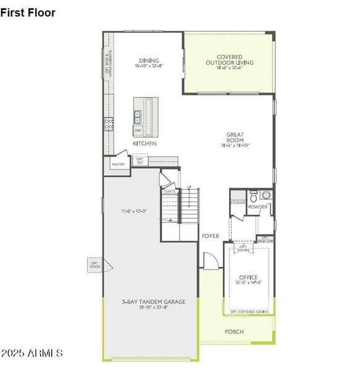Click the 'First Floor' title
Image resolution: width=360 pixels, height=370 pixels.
point(28,13)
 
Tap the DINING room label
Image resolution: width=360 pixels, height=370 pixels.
point(149,60)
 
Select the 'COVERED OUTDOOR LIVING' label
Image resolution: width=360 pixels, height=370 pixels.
point(229,60)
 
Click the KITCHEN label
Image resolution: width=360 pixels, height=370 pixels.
point(144,144)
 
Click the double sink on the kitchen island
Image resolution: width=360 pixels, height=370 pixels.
point(138,117)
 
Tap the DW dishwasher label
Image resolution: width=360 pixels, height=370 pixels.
point(137,131)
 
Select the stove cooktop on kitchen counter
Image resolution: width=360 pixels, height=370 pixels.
point(109,124)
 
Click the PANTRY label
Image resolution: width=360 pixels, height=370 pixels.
point(119,165)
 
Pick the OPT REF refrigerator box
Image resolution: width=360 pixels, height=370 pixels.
point(140,161)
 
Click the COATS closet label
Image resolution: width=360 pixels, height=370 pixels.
point(170,191)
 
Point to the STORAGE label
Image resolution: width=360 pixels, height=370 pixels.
point(238,202)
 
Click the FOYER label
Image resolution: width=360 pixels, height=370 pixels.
point(210,236)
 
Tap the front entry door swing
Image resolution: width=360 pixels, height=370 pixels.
point(209,261)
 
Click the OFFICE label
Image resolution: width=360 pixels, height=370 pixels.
point(248,277)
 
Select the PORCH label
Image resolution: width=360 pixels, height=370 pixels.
point(234,332)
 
